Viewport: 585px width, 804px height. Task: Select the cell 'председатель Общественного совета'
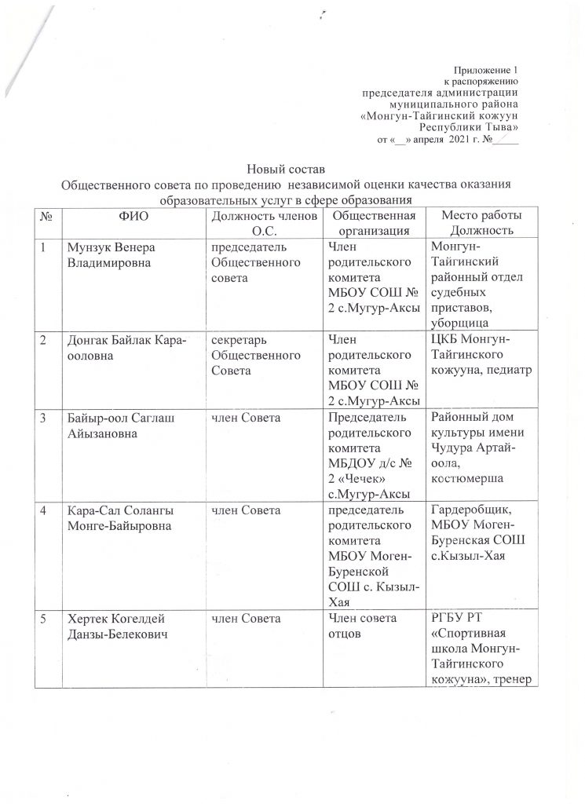[x=247, y=261]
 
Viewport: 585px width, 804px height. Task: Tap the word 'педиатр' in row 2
[x=510, y=369]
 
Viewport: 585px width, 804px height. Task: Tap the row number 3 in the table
[x=46, y=415]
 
